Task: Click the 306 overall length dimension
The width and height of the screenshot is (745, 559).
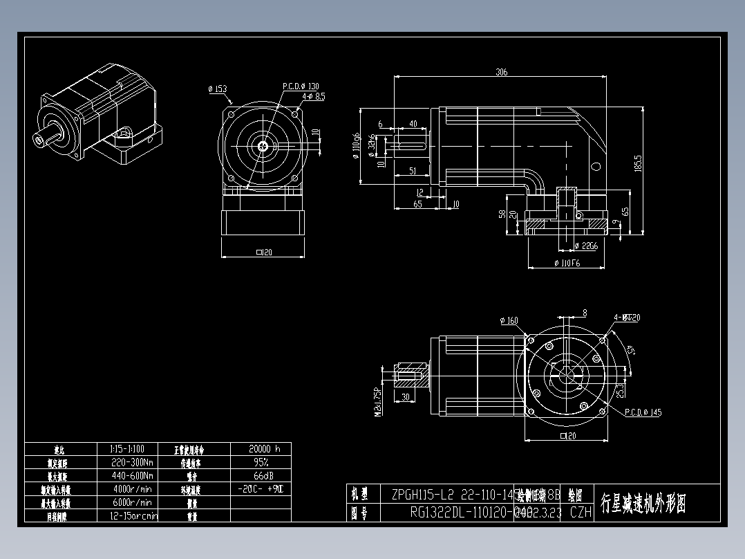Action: tap(501, 72)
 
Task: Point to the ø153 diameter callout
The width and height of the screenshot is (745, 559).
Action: tap(217, 89)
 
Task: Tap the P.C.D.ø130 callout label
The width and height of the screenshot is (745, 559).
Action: tap(301, 86)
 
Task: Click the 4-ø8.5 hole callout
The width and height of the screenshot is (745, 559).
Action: tap(312, 97)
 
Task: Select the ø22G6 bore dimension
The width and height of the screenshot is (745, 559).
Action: tap(585, 245)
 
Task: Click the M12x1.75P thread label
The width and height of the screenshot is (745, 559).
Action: tap(377, 402)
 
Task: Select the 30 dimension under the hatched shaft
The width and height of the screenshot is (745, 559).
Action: tap(405, 397)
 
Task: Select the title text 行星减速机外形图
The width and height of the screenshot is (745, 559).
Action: tap(643, 503)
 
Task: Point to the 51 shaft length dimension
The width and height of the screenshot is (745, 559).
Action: tap(412, 170)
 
